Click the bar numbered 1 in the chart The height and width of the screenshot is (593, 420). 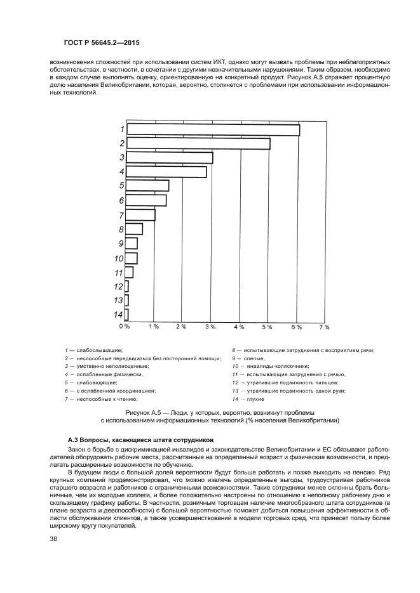point(213,129)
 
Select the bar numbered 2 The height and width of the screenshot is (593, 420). point(198,143)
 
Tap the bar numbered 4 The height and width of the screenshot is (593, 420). point(166,172)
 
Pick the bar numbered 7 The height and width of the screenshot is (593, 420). point(140,215)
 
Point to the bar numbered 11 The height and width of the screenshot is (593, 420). point(130,272)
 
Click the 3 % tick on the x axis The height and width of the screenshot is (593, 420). point(210,327)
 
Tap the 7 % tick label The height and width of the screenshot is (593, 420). point(324,327)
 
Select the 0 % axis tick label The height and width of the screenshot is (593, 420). point(125,326)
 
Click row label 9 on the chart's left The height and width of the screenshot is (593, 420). point(119,244)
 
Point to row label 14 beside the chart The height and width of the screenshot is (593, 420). point(118,315)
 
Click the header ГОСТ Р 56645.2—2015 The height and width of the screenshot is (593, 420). point(102,42)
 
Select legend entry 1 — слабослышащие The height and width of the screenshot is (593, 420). point(93,349)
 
